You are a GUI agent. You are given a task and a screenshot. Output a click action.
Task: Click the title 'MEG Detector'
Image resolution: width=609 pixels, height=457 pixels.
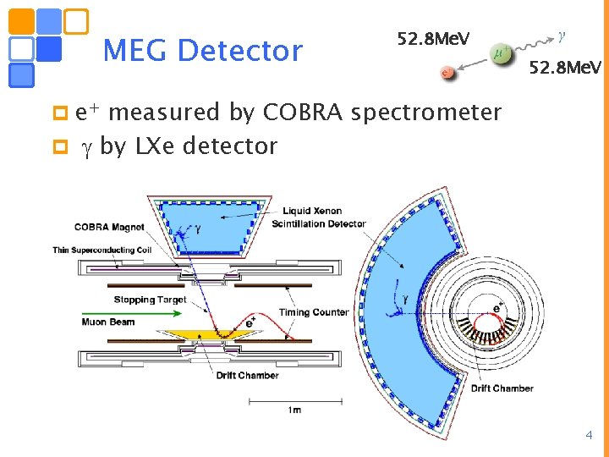[202, 51]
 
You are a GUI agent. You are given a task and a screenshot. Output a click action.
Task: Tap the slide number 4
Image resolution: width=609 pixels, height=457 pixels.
[590, 436]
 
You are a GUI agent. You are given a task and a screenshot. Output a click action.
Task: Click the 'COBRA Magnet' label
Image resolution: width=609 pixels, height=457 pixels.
[109, 227]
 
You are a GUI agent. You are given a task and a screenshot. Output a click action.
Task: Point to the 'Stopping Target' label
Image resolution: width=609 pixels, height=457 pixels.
[150, 300]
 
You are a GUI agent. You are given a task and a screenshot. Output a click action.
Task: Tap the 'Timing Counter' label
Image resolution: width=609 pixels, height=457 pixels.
[314, 312]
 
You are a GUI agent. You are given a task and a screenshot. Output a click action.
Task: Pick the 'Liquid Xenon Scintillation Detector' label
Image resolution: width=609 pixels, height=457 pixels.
[318, 217]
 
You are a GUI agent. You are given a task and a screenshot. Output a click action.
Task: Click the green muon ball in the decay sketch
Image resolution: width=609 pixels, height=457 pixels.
[500, 55]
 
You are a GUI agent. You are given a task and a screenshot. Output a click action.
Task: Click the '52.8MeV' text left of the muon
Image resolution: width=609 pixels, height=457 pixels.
[433, 38]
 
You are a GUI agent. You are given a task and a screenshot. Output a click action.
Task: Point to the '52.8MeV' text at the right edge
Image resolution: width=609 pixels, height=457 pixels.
[565, 67]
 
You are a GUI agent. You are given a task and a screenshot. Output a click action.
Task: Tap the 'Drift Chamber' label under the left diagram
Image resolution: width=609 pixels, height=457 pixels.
[246, 375]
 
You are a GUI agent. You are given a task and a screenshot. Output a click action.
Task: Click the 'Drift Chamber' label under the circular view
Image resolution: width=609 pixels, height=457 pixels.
[502, 388]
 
